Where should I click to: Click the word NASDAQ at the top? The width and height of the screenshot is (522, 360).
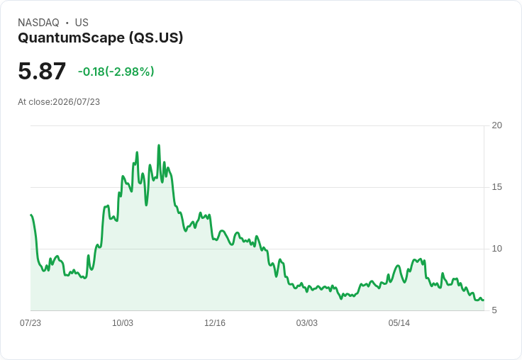pyautogui.click(x=38, y=23)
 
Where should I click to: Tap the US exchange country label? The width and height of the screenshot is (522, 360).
pyautogui.click(x=82, y=23)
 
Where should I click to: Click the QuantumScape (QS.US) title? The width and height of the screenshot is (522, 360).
pyautogui.click(x=101, y=38)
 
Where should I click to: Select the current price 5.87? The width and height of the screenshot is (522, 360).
pyautogui.click(x=42, y=71)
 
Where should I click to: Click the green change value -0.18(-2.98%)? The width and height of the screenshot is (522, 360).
pyautogui.click(x=116, y=72)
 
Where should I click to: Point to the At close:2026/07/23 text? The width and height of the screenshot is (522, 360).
pyautogui.click(x=59, y=102)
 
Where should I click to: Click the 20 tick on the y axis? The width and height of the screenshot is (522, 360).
pyautogui.click(x=496, y=125)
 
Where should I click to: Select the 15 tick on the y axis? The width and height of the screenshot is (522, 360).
pyautogui.click(x=496, y=187)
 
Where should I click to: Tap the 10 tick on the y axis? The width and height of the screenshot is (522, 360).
pyautogui.click(x=496, y=249)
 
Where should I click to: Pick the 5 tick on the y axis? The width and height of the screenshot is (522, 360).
pyautogui.click(x=494, y=310)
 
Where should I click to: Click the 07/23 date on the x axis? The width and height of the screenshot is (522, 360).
pyautogui.click(x=30, y=322)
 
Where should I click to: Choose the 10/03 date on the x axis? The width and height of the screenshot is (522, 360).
pyautogui.click(x=123, y=322)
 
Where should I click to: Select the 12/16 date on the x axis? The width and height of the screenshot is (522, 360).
pyautogui.click(x=215, y=322)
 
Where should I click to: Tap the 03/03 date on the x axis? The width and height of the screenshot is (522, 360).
pyautogui.click(x=306, y=322)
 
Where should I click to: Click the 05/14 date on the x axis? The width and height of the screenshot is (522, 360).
pyautogui.click(x=399, y=322)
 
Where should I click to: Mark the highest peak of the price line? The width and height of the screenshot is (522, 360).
pyautogui.click(x=159, y=145)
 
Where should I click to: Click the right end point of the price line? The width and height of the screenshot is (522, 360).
pyautogui.click(x=484, y=300)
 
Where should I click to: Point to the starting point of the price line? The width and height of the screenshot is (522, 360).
pyautogui.click(x=31, y=215)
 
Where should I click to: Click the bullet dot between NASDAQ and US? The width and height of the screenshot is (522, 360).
pyautogui.click(x=67, y=23)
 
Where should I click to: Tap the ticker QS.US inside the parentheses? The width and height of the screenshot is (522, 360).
pyautogui.click(x=156, y=38)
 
